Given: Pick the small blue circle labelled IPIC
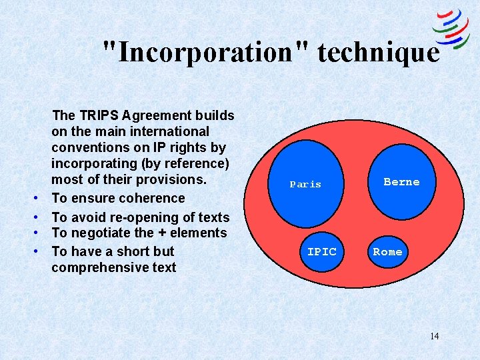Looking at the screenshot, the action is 321,251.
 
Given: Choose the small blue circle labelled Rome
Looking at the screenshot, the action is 387,251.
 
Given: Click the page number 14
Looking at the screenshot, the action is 434,336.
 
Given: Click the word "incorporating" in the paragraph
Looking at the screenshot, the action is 93,163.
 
